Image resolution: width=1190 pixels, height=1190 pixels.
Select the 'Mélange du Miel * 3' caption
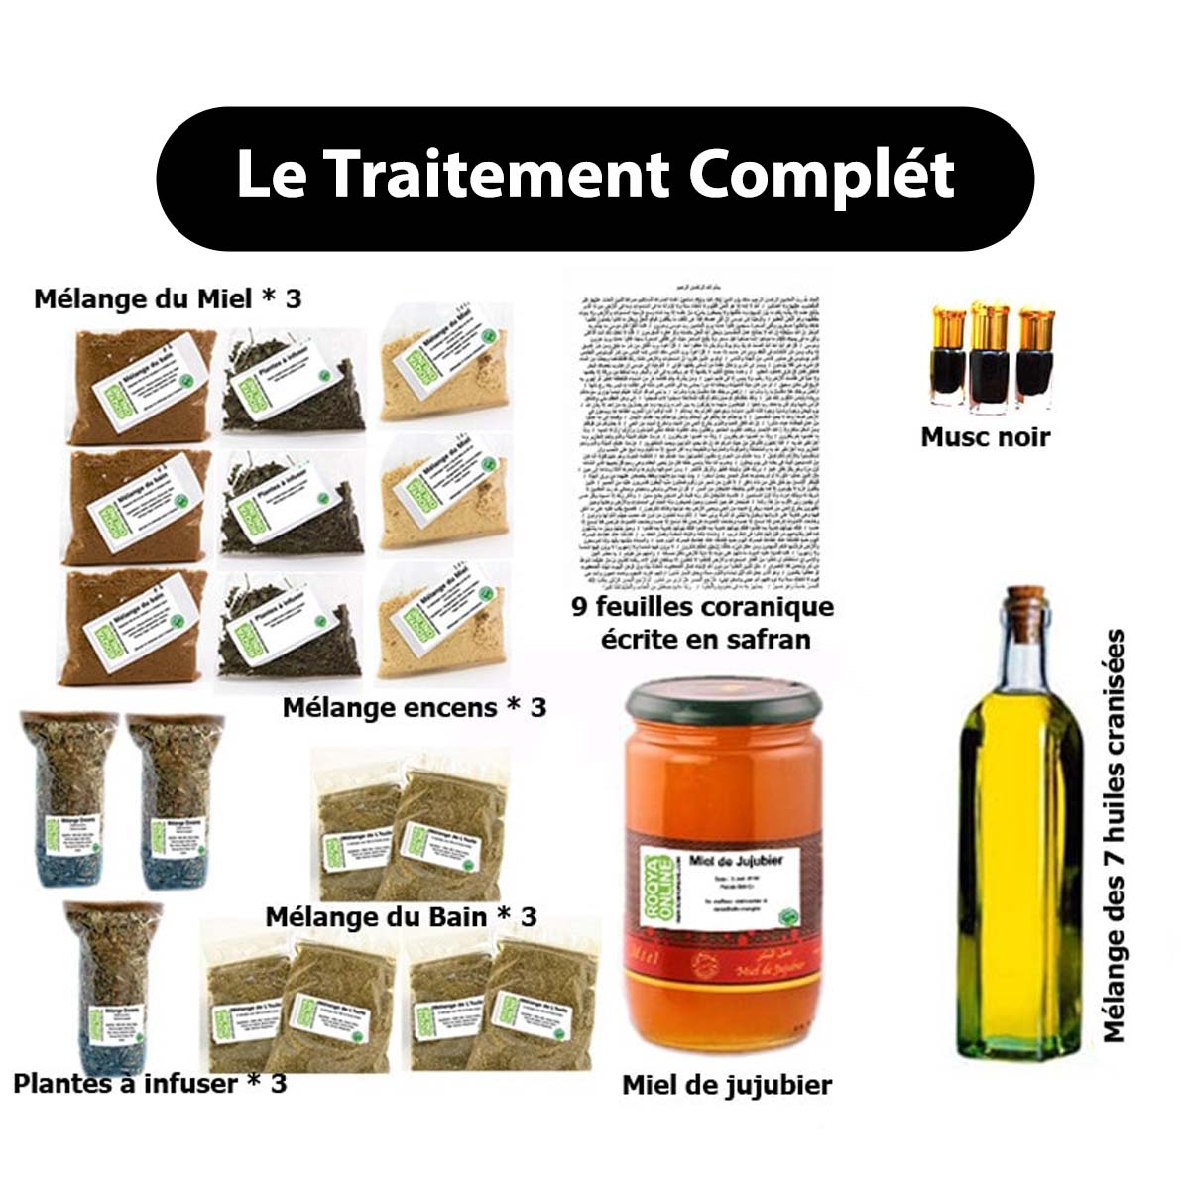pyautogui.click(x=168, y=298)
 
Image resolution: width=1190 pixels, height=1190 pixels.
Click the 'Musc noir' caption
pyautogui.click(x=985, y=436)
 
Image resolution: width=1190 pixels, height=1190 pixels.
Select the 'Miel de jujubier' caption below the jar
pyautogui.click(x=726, y=1085)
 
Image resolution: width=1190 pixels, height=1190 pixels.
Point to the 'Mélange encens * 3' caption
pyautogui.click(x=414, y=707)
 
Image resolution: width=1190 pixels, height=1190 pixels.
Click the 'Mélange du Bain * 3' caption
pyautogui.click(x=401, y=915)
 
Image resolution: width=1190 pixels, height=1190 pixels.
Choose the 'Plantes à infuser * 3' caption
pyautogui.click(x=150, y=1082)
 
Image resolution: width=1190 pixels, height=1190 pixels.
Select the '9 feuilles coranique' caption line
pyautogui.click(x=702, y=606)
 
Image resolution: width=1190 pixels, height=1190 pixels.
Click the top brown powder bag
pyautogui.click(x=141, y=387)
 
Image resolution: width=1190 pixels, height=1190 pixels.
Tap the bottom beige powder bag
pyautogui.click(x=443, y=620)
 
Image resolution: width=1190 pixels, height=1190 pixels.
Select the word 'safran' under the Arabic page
pyautogui.click(x=765, y=639)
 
